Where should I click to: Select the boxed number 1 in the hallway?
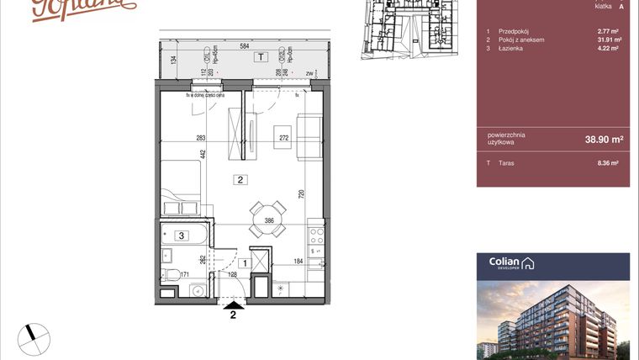pyautogui.click(x=243, y=263)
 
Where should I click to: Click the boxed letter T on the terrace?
pyautogui.click(x=261, y=57)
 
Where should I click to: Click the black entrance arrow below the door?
pyautogui.click(x=232, y=304)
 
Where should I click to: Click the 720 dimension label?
pyautogui.click(x=301, y=193)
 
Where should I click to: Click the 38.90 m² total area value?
pyautogui.click(x=604, y=139)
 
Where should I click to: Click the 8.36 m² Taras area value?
pyautogui.click(x=608, y=163)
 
